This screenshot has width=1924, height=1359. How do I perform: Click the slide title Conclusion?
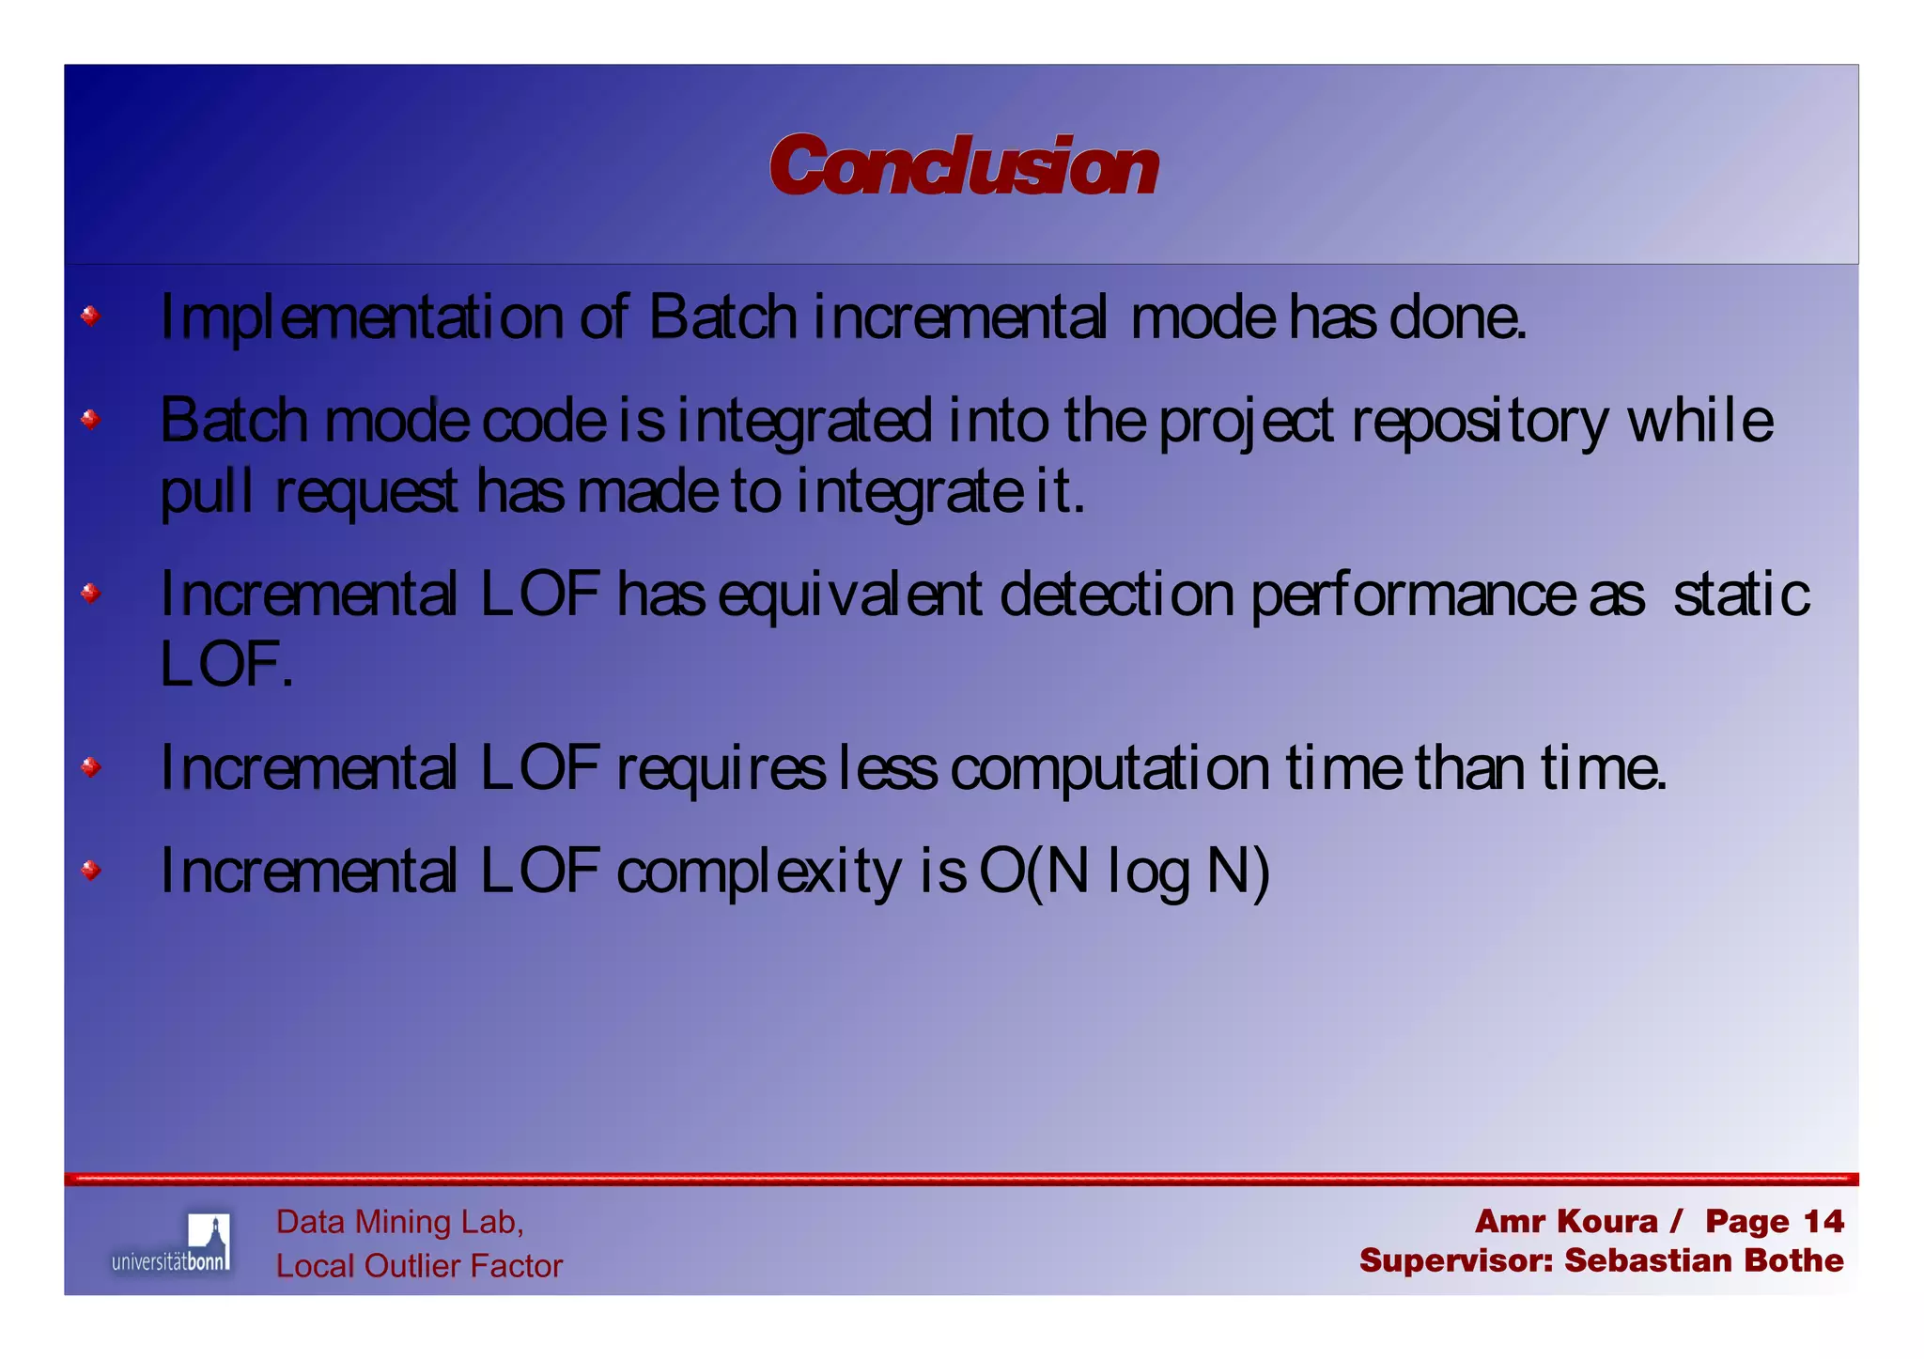point(963,166)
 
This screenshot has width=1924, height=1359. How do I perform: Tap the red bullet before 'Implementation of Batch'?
point(90,316)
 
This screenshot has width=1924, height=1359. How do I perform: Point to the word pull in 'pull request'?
point(206,492)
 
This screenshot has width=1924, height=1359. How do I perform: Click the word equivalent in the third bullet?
point(850,595)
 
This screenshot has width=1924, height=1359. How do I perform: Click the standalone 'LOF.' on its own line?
point(226,664)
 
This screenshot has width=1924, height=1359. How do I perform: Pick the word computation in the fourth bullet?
point(1109,769)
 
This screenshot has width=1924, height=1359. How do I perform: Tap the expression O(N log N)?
point(1125,871)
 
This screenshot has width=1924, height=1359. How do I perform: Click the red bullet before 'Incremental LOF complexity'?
point(90,870)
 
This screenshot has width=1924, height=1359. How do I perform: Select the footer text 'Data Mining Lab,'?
point(399,1222)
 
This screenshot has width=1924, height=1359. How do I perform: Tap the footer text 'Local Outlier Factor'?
point(419,1266)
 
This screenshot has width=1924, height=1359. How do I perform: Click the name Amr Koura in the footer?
point(1565,1221)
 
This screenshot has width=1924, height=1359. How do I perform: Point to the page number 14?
point(1823,1221)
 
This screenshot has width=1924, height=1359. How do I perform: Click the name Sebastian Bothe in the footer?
point(1703,1260)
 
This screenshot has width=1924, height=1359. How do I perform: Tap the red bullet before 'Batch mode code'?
point(90,418)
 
